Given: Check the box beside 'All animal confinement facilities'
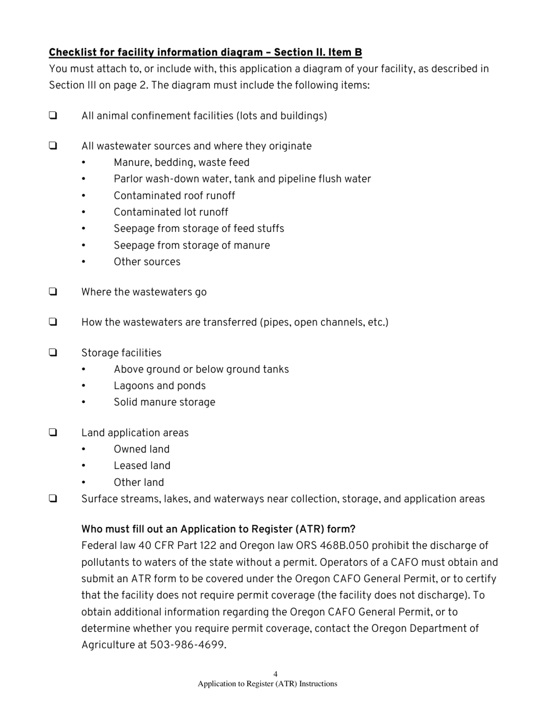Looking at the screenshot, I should pyautogui.click(x=53, y=115).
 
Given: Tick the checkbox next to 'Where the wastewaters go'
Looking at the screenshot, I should pyautogui.click(x=53, y=292).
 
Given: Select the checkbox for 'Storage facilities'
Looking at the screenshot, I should pyautogui.click(x=53, y=352).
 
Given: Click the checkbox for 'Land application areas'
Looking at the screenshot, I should pyautogui.click(x=53, y=432).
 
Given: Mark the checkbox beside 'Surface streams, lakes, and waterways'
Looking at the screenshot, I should pyautogui.click(x=53, y=499).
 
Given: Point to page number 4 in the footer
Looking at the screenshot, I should pyautogui.click(x=275, y=674).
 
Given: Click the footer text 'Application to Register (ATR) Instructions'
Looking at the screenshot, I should pyautogui.click(x=267, y=684).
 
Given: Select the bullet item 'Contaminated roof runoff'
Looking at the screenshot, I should pyautogui.click(x=174, y=196).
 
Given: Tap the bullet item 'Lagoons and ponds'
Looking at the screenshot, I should pyautogui.click(x=159, y=386).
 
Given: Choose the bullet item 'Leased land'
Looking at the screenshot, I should pyautogui.click(x=142, y=465).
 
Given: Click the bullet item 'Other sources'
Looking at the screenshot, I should pyautogui.click(x=147, y=262).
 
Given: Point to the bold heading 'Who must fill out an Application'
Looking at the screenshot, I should pyautogui.click(x=218, y=529).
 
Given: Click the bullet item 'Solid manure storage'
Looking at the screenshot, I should pyautogui.click(x=164, y=402).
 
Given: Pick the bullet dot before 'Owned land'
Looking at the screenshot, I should pyautogui.click(x=84, y=450).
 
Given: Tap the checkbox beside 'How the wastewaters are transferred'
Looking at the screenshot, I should pyautogui.click(x=53, y=322).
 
